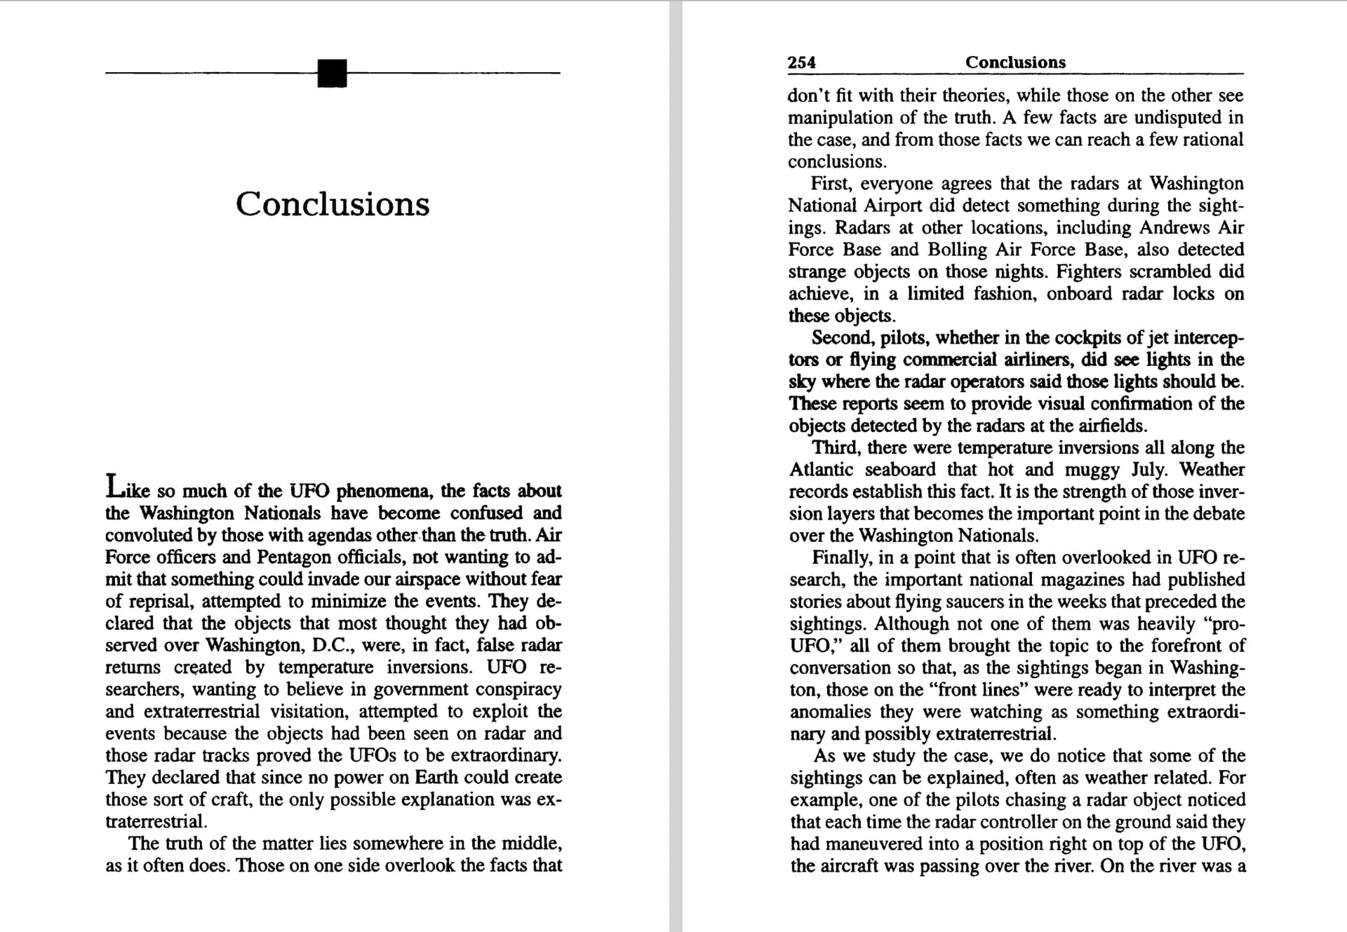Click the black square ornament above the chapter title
point(332,73)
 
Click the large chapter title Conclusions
point(332,204)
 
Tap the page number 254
point(801,62)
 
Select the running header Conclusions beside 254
point(1014,62)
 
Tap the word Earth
point(437,777)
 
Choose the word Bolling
point(955,250)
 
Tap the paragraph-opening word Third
point(835,447)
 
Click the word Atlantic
point(821,469)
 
